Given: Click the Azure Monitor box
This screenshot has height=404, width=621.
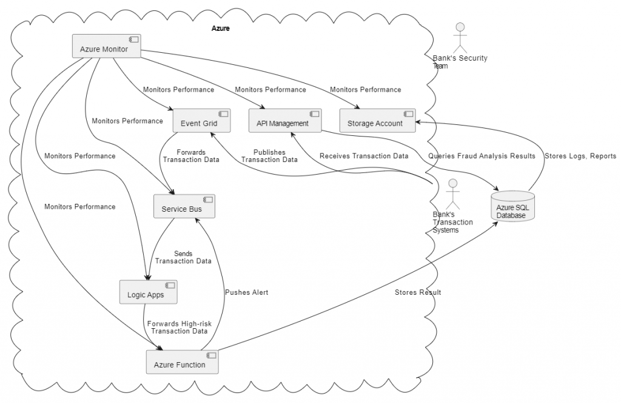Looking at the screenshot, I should point(106,46).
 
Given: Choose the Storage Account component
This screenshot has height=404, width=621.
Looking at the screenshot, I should point(377,121).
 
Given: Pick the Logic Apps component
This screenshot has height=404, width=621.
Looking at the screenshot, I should point(149,292).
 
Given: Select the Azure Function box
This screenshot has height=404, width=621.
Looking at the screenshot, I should point(182,362).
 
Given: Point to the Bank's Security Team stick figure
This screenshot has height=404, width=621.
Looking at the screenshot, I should point(460,38).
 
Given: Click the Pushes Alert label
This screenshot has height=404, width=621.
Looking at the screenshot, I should point(246,292).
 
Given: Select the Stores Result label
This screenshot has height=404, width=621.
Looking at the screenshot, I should point(418,292).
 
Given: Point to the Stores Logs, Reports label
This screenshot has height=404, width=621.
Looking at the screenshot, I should point(580,156).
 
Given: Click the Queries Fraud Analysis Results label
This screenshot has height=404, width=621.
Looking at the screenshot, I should point(482,156).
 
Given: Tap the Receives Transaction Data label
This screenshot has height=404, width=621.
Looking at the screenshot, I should point(364,156).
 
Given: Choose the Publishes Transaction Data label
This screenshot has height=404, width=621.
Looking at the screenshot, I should point(269,157).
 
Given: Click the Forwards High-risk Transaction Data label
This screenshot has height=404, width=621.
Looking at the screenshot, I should point(179,327).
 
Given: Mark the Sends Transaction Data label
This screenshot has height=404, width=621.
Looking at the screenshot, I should point(183,257).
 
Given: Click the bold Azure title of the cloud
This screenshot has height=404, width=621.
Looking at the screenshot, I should point(220,29).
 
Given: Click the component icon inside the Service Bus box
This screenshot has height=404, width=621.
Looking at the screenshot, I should point(207,200).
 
